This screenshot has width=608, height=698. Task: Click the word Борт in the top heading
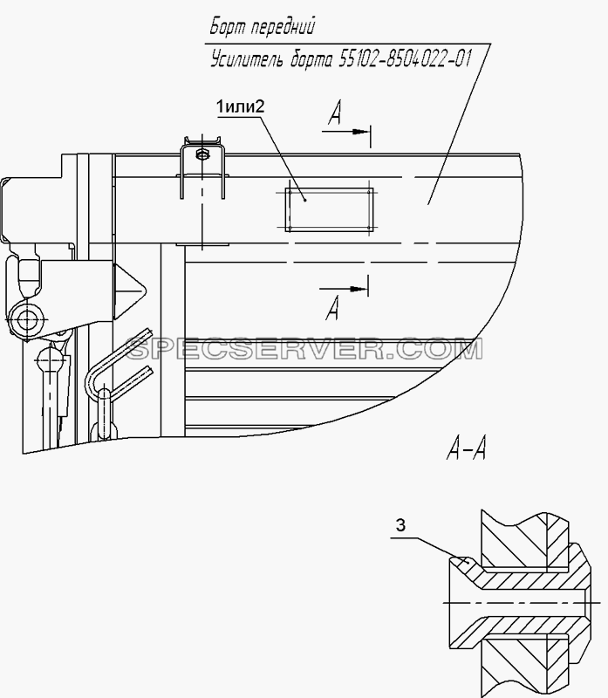(227, 26)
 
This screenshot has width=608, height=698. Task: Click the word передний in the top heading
(283, 27)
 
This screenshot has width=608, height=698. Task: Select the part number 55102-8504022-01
(404, 58)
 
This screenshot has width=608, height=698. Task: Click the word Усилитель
(247, 59)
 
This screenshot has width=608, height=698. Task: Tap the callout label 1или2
(240, 106)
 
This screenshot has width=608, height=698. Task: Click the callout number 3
(400, 526)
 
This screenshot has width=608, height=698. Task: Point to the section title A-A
(466, 448)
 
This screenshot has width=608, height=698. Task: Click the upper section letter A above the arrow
(335, 113)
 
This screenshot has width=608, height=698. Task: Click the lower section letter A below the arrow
(332, 308)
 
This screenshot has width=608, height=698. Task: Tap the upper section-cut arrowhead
(361, 132)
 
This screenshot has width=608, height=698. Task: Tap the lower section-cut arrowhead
(359, 289)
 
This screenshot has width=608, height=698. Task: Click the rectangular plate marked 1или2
(330, 209)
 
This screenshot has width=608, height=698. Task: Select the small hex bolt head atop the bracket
(202, 154)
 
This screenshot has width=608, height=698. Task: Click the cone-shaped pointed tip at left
(130, 291)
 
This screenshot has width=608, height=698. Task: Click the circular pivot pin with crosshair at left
(27, 319)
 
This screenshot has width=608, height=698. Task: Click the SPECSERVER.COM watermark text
(304, 349)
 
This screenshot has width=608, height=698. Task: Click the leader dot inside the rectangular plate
(305, 200)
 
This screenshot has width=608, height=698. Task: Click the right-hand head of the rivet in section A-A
(580, 603)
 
